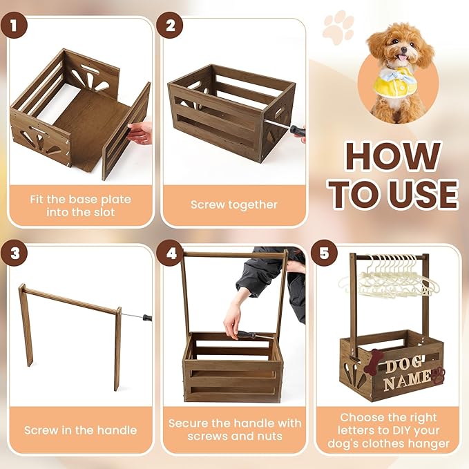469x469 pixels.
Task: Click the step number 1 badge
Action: [x=14, y=27]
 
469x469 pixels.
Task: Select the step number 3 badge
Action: [x=14, y=253]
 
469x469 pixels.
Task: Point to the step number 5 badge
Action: [x=325, y=253]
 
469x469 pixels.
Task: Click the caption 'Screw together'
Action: [x=233, y=204]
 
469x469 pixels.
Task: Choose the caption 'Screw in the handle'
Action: [x=80, y=430]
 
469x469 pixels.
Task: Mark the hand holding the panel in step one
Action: [x=141, y=131]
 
